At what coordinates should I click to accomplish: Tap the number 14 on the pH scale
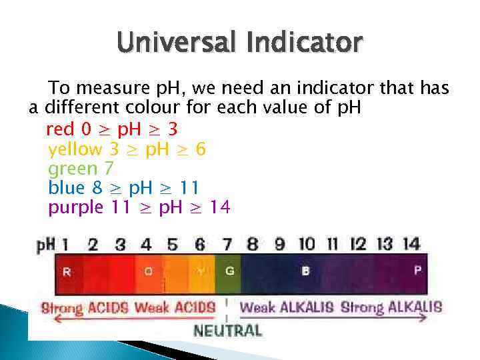coord(411,244)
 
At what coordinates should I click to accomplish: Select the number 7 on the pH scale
coord(227,245)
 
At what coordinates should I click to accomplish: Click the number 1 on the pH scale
coord(65,245)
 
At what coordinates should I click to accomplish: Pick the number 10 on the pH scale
coord(306,244)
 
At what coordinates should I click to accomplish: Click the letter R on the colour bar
coord(67,271)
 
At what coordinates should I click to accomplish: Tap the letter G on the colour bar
coord(229,271)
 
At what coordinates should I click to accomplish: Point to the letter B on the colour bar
coord(305,271)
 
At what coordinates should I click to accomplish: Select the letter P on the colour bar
coord(418,271)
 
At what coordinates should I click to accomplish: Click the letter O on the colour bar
coord(148,271)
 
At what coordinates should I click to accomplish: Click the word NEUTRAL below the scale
coord(227,330)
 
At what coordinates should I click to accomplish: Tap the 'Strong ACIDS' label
coord(85,308)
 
